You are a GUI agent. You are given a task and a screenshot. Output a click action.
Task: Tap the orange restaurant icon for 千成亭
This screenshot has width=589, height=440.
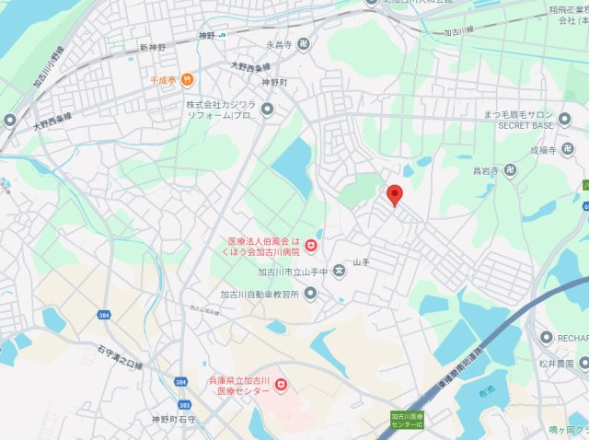pyautogui.click(x=188, y=80)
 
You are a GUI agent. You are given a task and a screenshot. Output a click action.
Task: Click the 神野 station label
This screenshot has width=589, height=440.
pyautogui.click(x=204, y=35)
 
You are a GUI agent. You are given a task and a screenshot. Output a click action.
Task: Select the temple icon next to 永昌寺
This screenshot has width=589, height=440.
pyautogui.click(x=304, y=43)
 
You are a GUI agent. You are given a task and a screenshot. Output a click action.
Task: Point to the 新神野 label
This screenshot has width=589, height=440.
pyautogui.click(x=153, y=47)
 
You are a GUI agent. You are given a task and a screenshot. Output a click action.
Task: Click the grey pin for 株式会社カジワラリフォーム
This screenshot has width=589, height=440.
pyautogui.click(x=268, y=110)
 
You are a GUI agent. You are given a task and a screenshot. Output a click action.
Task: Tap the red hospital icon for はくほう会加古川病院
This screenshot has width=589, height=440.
pyautogui.click(x=311, y=246)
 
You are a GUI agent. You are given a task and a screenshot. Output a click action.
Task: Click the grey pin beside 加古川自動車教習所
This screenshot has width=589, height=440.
pyautogui.click(x=310, y=294)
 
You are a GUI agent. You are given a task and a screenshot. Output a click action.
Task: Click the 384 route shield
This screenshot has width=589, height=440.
pyautogui.click(x=102, y=316)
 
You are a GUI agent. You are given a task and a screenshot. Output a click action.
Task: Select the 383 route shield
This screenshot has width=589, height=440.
pyautogui.click(x=185, y=404)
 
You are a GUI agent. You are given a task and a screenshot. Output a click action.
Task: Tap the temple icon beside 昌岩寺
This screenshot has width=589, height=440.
pyautogui.click(x=510, y=169)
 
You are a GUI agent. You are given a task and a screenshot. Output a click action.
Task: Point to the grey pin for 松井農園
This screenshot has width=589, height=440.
pyautogui.click(x=583, y=363)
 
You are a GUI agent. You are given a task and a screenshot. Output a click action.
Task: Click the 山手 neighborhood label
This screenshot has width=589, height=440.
pyautogui.click(x=360, y=262)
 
